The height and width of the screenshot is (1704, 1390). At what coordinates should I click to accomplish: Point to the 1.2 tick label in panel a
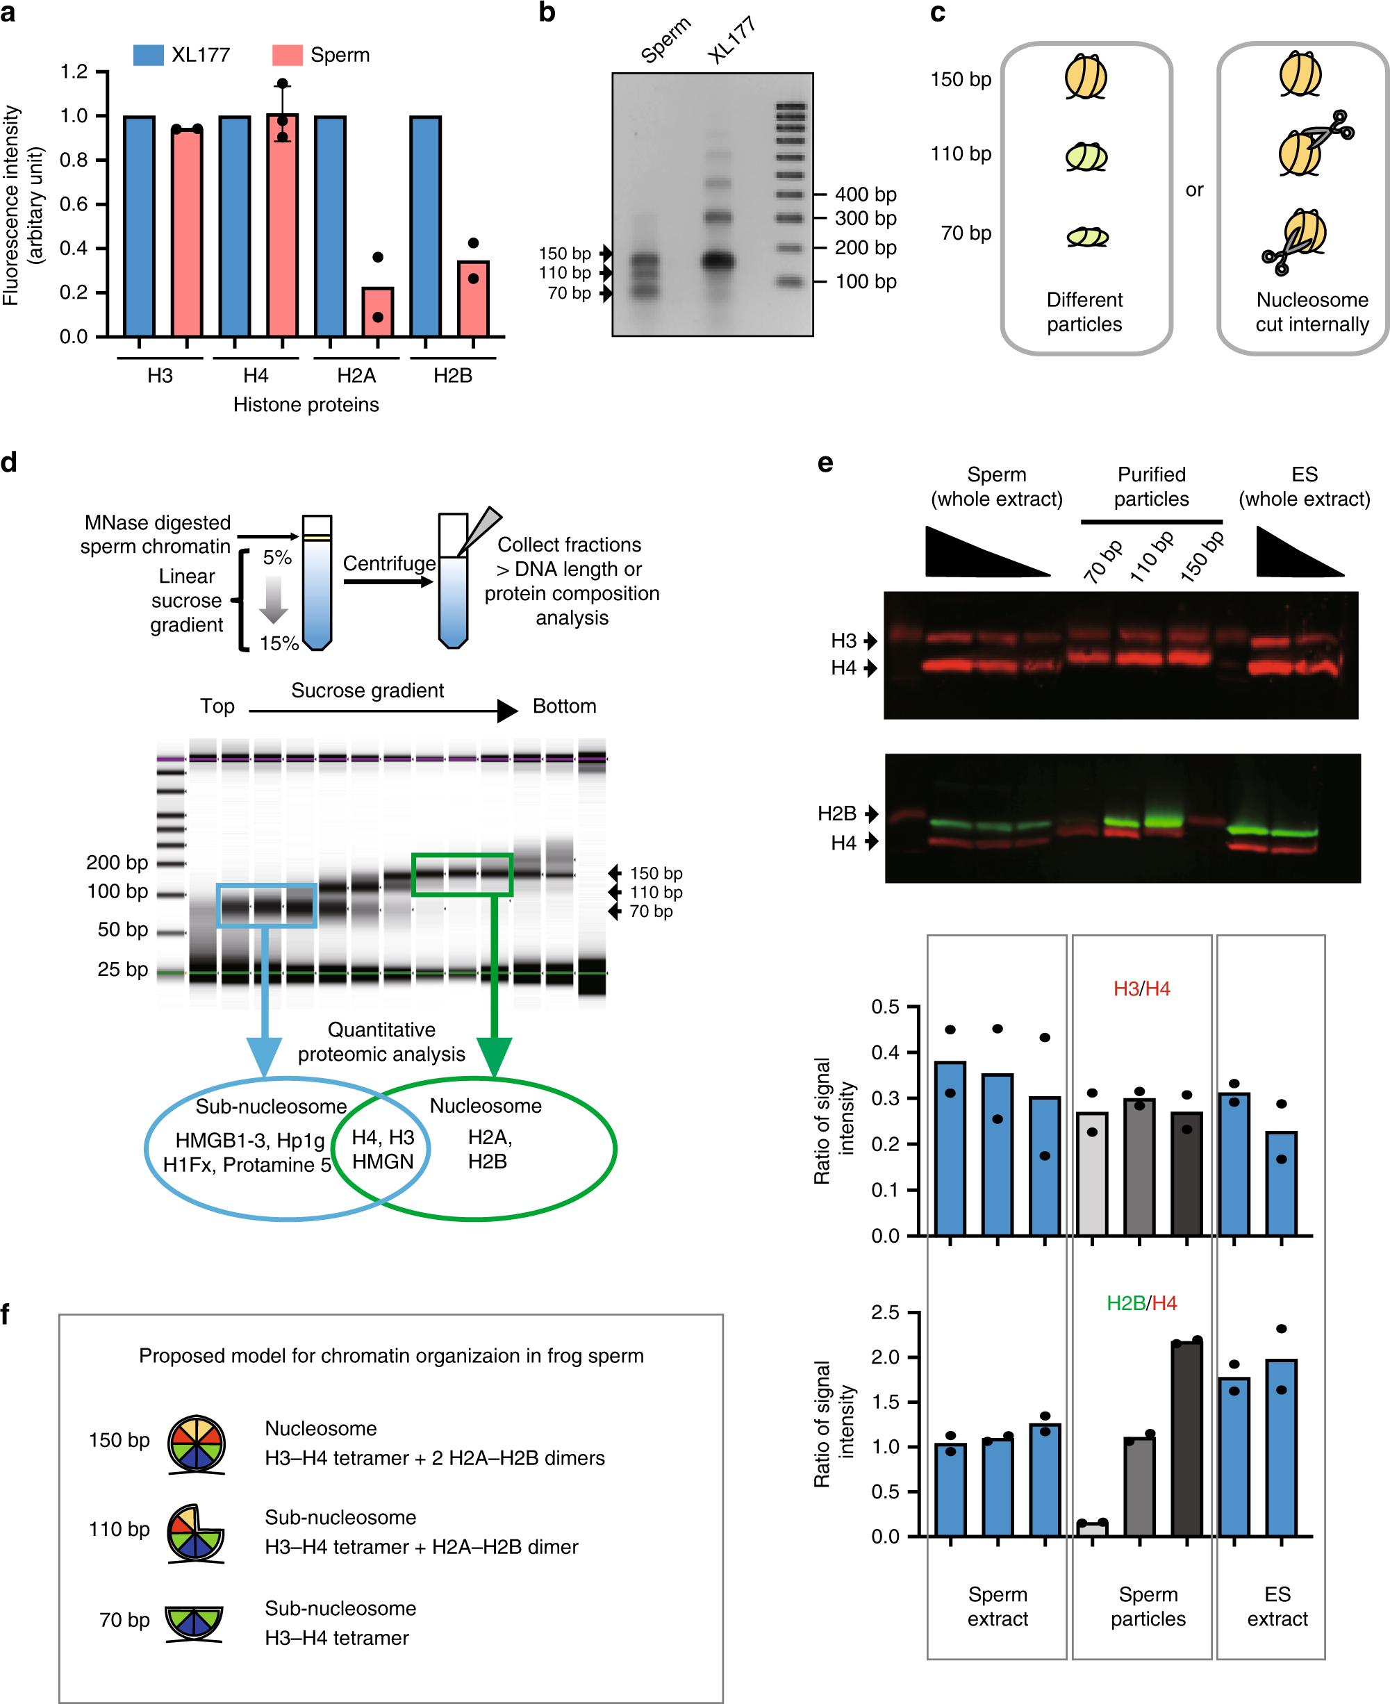(x=74, y=72)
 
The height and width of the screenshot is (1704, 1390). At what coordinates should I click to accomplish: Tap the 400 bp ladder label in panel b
(x=865, y=195)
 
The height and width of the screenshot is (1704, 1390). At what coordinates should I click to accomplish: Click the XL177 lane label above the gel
(x=731, y=40)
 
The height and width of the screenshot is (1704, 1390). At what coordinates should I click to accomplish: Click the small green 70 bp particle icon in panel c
(x=1086, y=236)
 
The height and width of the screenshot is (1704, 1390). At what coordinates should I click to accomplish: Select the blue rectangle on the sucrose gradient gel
(x=267, y=906)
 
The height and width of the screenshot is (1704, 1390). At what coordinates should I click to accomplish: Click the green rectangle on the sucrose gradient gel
(x=461, y=875)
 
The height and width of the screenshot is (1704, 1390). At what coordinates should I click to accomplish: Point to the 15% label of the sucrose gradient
(x=279, y=643)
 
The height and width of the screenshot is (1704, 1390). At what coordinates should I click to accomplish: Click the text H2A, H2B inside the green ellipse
(x=489, y=1149)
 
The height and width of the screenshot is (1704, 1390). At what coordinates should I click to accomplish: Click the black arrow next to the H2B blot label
(x=871, y=813)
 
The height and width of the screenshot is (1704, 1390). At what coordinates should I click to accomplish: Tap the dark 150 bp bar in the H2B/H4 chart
(x=1186, y=1438)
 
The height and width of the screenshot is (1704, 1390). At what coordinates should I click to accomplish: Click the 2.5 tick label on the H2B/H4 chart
(x=885, y=1312)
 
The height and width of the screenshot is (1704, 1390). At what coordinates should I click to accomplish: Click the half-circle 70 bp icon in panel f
(x=194, y=1620)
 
